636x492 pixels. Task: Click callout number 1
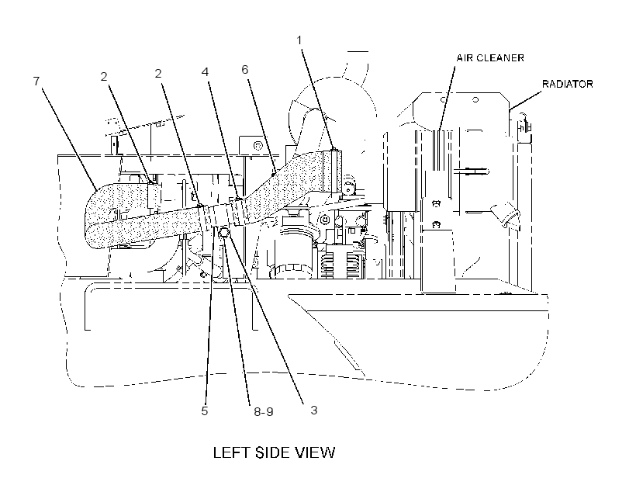[x=299, y=40]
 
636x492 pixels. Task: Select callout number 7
[x=36, y=81]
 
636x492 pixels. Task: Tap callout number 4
[x=206, y=72]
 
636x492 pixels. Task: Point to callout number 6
[x=244, y=69]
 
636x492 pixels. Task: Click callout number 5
[x=205, y=411]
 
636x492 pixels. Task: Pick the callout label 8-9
[x=264, y=411]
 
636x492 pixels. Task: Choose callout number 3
[x=314, y=410]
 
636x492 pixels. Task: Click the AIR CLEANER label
[x=490, y=58]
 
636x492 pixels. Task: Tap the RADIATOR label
[x=568, y=84]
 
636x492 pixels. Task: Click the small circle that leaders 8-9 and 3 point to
[x=224, y=233]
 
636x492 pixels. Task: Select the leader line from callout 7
[x=69, y=139]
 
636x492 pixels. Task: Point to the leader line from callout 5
[x=209, y=314]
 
